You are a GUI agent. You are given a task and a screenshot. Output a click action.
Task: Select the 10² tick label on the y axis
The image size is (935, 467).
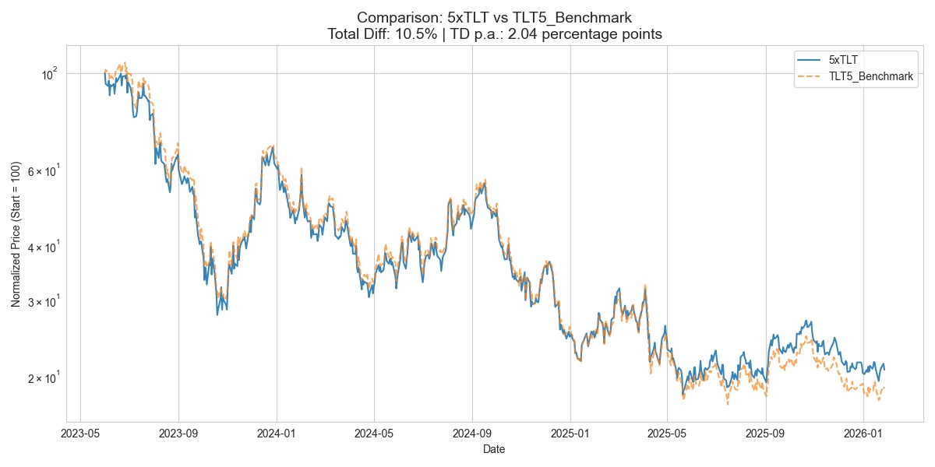pyautogui.click(x=49, y=74)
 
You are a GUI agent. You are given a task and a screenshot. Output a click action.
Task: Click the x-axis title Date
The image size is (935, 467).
pyautogui.click(x=494, y=449)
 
